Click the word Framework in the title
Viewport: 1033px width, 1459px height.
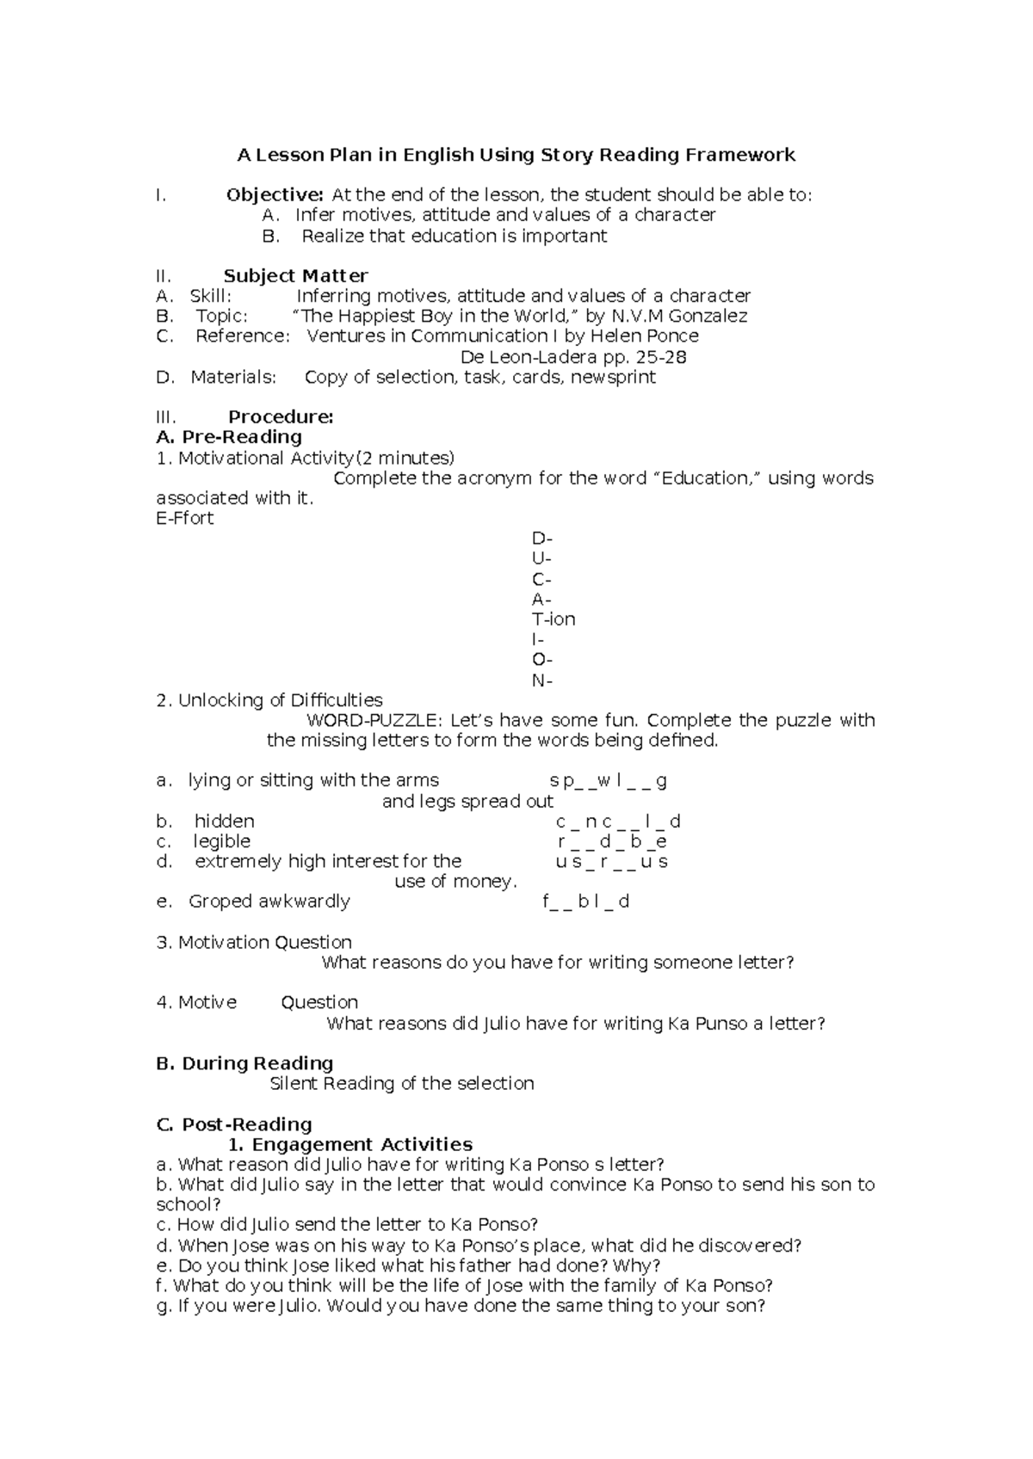[x=739, y=155]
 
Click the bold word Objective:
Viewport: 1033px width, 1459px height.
[x=275, y=195]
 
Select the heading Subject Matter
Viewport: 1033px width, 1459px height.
[x=295, y=276]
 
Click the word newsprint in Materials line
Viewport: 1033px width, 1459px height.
[x=613, y=377]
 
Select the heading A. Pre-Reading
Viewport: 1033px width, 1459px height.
[x=229, y=437]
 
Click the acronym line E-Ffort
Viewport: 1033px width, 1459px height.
[x=184, y=518]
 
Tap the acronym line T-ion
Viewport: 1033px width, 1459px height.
[x=554, y=619]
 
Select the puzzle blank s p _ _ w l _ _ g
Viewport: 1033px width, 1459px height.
[x=609, y=781]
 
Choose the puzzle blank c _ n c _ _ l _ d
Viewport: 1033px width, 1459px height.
[x=618, y=822]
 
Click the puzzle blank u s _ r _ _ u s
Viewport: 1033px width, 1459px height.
[x=611, y=862]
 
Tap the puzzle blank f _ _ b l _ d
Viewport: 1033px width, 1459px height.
[x=586, y=902]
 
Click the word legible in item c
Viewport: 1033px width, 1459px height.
[x=221, y=841]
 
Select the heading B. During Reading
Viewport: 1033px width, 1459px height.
[x=244, y=1063]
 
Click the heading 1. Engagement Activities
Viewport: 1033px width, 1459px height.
[x=350, y=1144]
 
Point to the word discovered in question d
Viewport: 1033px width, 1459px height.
[x=747, y=1246]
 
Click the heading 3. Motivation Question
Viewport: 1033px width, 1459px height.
[x=254, y=942]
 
